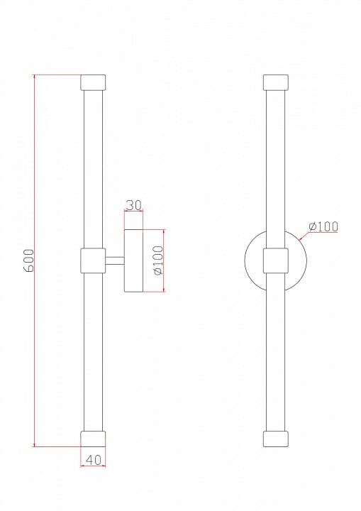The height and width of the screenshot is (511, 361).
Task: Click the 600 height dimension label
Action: point(28,260)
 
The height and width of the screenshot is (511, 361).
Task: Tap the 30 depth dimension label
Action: point(133,205)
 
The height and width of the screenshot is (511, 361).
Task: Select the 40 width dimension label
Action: point(93,460)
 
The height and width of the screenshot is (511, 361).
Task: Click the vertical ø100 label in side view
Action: point(158,260)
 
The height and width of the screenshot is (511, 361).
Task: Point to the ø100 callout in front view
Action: point(323,226)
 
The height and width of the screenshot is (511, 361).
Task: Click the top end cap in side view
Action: point(93,82)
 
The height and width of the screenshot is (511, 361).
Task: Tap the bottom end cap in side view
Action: point(93,439)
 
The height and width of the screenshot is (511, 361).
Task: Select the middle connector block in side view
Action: point(93,260)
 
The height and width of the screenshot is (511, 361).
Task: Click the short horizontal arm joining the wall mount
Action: point(115,260)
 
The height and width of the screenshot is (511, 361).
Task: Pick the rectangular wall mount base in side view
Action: point(133,260)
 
